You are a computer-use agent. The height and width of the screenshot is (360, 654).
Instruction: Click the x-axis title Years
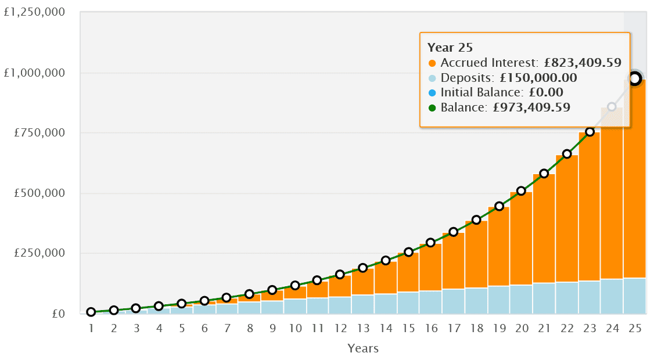363,348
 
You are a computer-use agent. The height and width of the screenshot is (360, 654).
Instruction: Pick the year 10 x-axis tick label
295,328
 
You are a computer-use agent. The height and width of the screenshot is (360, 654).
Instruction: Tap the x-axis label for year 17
454,328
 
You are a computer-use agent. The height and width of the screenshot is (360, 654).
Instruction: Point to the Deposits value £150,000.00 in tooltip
538,78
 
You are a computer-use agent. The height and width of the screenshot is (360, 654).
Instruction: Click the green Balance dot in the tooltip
432,107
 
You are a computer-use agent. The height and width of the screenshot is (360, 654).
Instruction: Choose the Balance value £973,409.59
529,107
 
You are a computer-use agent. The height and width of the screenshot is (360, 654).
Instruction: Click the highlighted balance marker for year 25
635,78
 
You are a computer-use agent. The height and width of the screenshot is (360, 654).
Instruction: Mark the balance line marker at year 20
522,191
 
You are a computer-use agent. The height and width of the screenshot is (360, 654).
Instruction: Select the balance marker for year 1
91,312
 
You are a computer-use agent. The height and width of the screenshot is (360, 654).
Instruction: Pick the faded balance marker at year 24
612,107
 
